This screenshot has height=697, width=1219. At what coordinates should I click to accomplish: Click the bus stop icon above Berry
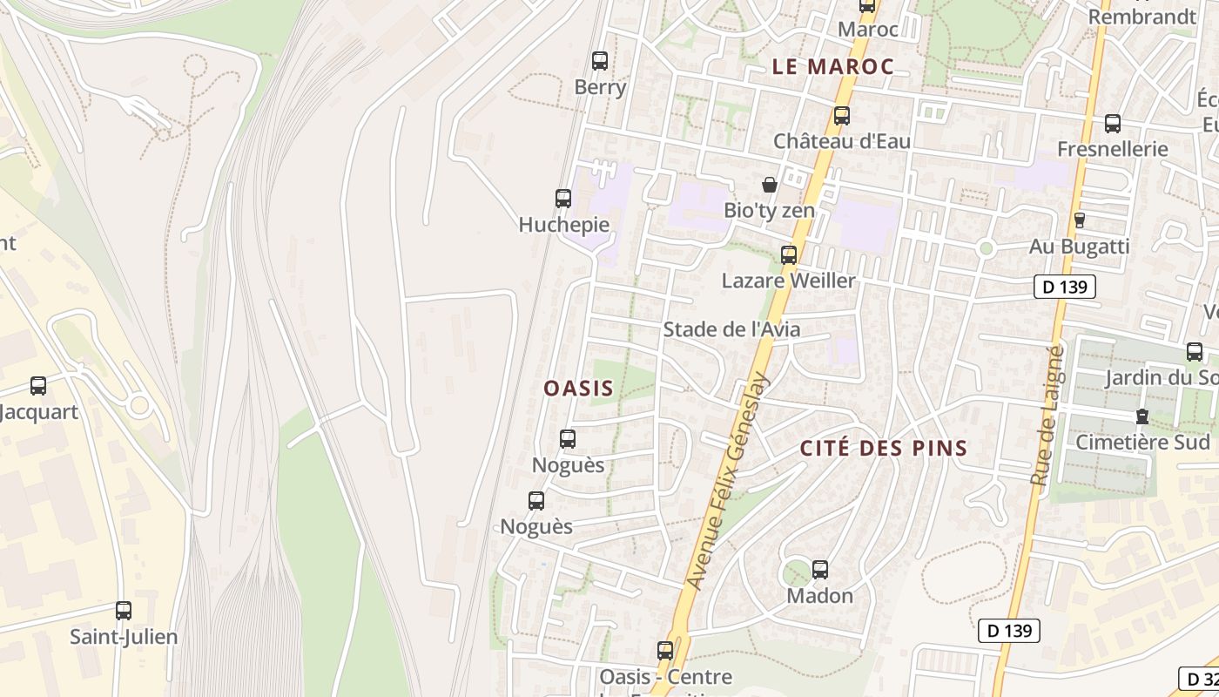(x=599, y=60)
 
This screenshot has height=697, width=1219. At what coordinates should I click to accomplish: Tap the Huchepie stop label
(x=563, y=225)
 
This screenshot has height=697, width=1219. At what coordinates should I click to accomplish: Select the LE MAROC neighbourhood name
(x=832, y=66)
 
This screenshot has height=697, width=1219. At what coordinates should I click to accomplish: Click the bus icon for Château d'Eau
(x=841, y=115)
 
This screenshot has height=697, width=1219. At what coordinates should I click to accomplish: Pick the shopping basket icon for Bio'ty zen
(x=769, y=185)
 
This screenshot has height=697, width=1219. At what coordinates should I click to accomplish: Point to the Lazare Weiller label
(x=788, y=281)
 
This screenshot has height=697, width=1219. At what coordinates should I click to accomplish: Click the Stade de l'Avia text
(x=731, y=329)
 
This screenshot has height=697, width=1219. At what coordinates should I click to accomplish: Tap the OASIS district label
(x=579, y=389)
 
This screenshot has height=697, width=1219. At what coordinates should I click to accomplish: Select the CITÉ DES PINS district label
(x=883, y=449)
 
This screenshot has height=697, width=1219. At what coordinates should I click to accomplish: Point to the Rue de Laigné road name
(x=1047, y=415)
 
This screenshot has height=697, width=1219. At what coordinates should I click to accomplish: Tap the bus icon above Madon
(x=819, y=570)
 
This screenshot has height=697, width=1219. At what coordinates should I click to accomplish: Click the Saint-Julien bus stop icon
(x=124, y=611)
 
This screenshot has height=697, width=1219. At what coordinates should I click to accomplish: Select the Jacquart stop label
(x=38, y=412)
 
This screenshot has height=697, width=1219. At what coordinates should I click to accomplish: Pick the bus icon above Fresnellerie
(x=1112, y=123)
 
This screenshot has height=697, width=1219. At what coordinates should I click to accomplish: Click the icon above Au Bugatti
(x=1079, y=220)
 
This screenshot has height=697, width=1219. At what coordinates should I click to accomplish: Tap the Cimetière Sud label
(x=1142, y=443)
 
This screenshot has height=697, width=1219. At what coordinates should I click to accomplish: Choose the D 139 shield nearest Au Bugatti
(x=1064, y=287)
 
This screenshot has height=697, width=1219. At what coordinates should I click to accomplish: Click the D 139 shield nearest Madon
(x=1008, y=631)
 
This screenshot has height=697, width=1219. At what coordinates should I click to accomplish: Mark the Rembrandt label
(x=1142, y=17)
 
